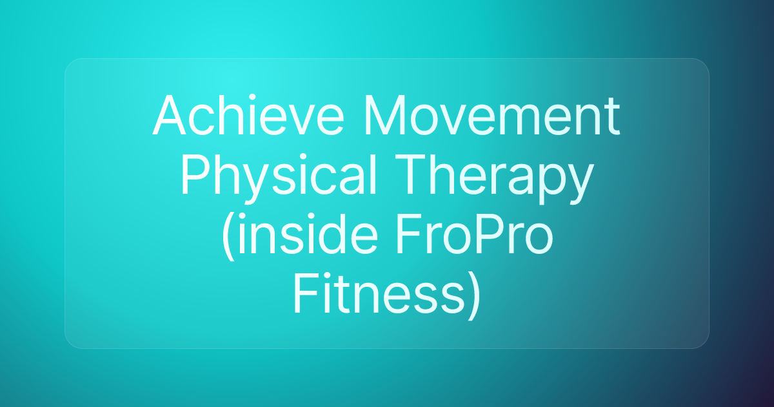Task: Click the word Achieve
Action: [248, 114]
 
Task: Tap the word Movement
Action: [491, 115]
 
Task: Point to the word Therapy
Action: [495, 178]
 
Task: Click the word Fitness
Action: [379, 294]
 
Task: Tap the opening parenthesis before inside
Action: [228, 236]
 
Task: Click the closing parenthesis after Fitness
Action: [473, 297]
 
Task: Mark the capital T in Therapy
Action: [411, 175]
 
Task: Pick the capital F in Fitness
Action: [306, 294]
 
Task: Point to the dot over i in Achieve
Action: [252, 98]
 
